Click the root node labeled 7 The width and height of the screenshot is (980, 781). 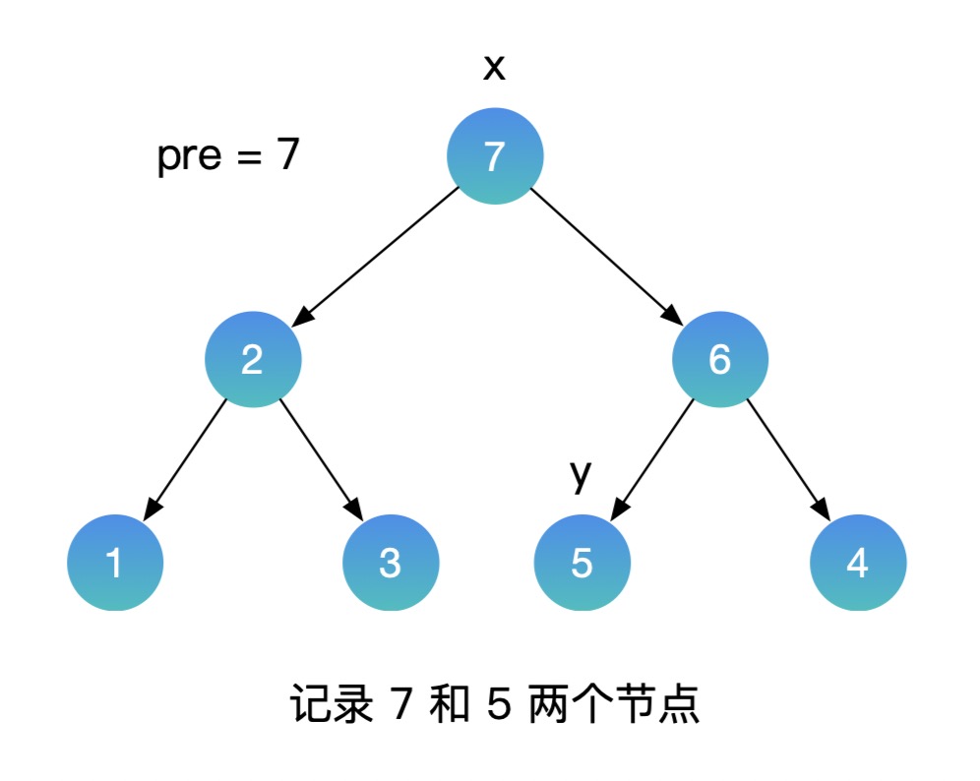point(495,156)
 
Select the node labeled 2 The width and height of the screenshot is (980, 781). point(252,360)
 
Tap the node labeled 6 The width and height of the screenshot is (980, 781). point(719,360)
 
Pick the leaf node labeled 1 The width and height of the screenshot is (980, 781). point(114,564)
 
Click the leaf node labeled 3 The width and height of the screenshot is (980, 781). point(390,564)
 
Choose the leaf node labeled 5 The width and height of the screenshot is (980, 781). point(582,564)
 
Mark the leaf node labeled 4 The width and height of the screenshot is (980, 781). point(857,564)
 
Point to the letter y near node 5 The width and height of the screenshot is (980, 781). point(582,475)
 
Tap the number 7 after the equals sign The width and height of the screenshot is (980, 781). point(286,155)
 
